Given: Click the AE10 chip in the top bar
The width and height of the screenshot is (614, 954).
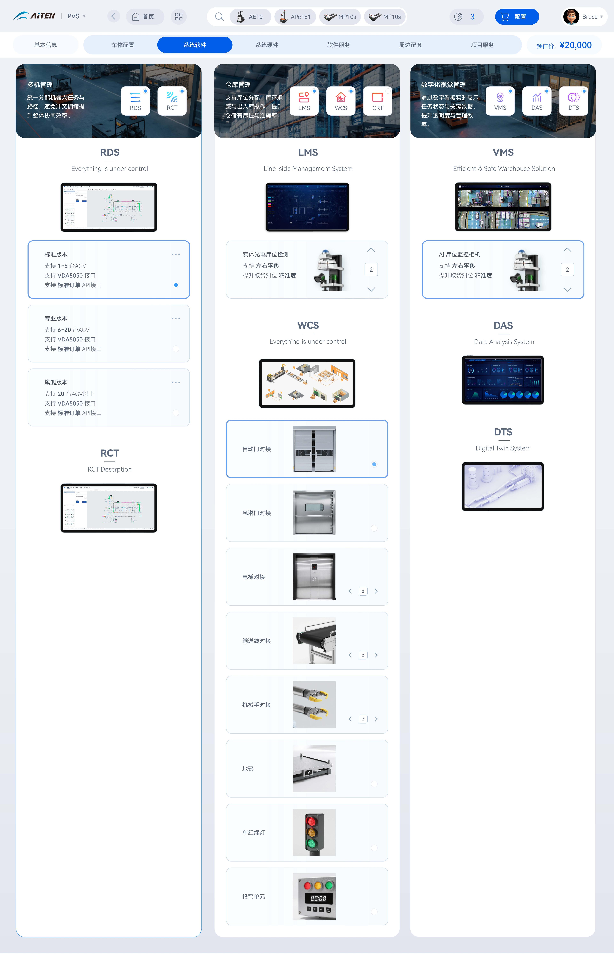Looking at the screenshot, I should [250, 17].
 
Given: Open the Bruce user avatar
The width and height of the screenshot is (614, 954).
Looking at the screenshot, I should [571, 17].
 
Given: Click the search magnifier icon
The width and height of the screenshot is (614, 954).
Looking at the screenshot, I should [219, 17].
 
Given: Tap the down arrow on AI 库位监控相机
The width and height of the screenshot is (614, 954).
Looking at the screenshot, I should [567, 289].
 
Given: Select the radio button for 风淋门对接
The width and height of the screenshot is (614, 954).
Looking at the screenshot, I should [374, 528].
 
